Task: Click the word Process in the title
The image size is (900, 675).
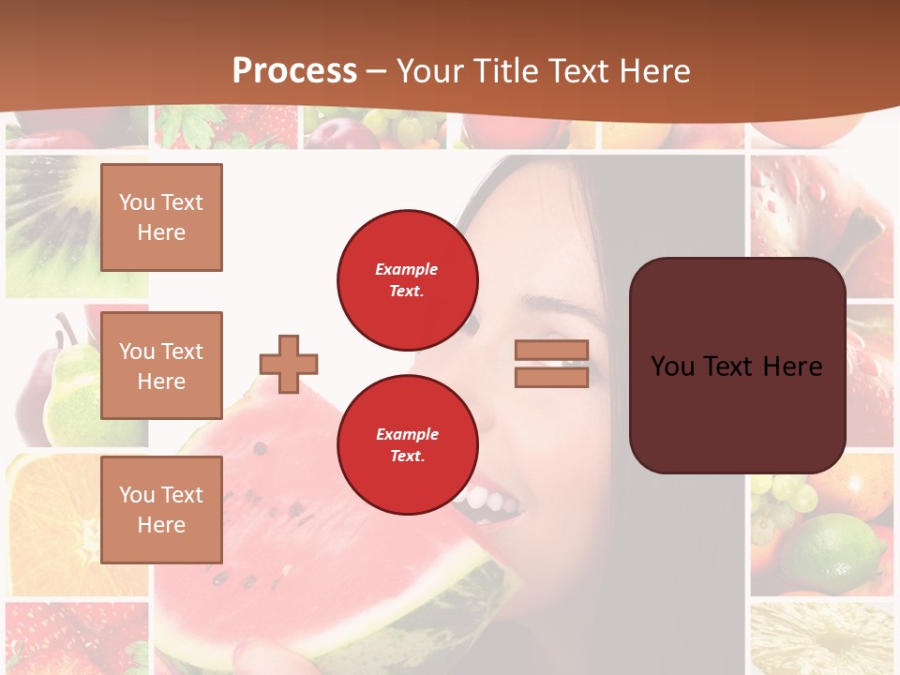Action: (x=294, y=71)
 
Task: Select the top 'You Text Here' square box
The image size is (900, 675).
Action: (x=161, y=217)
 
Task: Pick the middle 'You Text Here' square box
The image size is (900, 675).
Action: (x=161, y=366)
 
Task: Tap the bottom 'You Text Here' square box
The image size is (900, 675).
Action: (x=161, y=510)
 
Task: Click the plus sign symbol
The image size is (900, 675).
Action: (x=289, y=364)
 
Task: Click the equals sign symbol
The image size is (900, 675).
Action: (x=551, y=364)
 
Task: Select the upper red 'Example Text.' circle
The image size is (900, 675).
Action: (x=407, y=280)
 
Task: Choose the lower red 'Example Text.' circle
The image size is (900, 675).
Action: (x=407, y=445)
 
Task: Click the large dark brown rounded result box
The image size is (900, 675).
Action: (x=737, y=366)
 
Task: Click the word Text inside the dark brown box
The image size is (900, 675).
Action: (x=737, y=366)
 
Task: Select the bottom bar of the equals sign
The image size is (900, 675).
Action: (x=551, y=377)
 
